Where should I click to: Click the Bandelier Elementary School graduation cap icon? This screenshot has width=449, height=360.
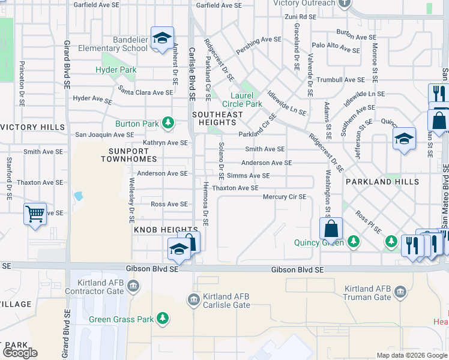(161, 38)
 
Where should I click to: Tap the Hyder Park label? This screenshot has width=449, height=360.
(116, 70)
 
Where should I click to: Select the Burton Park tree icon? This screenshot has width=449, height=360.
(169, 124)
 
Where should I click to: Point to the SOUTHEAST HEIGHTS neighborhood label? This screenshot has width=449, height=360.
(217, 119)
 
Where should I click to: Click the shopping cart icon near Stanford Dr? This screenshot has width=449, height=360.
(35, 212)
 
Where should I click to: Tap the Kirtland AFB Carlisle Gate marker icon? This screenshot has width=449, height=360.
(193, 299)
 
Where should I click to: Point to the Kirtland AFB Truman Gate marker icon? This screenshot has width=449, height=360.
(400, 292)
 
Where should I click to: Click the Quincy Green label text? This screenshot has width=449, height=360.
(319, 242)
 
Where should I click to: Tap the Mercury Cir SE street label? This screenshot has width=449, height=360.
(285, 197)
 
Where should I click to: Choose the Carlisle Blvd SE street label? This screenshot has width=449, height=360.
(192, 73)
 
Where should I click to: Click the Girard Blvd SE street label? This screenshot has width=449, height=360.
(66, 65)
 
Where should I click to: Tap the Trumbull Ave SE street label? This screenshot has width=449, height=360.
(340, 79)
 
